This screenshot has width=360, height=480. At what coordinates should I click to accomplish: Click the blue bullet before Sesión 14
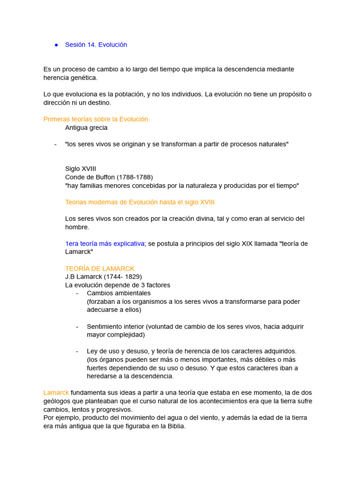click(56, 45)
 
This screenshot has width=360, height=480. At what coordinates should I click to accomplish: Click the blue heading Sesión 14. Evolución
click(96, 45)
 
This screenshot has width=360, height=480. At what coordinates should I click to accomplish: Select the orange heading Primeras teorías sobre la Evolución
click(96, 119)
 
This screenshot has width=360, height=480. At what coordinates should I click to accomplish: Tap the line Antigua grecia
click(86, 127)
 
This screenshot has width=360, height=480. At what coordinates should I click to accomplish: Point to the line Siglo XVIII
click(81, 169)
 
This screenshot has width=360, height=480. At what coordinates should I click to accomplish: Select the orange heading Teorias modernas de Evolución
click(140, 202)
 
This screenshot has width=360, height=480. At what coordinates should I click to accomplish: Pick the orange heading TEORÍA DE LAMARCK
click(100, 269)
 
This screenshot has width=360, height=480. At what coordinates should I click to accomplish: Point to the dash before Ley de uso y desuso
click(77, 351)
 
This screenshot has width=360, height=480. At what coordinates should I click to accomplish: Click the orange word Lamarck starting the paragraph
click(56, 392)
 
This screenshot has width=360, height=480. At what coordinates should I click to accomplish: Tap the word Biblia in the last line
click(176, 426)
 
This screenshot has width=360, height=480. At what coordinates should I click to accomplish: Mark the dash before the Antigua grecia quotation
click(55, 144)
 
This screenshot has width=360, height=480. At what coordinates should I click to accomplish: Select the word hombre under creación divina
click(77, 227)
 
